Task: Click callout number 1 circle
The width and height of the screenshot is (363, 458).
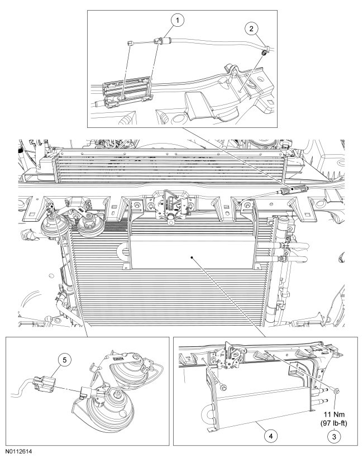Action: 178,21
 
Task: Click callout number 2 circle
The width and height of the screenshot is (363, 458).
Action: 251,27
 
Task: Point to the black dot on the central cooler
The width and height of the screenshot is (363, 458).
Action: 191,257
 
